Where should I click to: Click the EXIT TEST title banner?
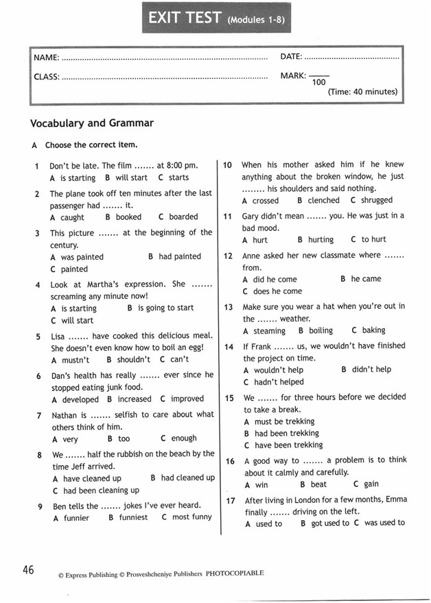click(215, 21)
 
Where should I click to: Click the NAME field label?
click(46, 56)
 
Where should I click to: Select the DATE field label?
click(291, 56)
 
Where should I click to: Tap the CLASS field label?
click(47, 77)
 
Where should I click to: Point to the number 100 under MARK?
click(318, 83)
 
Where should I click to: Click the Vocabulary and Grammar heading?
click(92, 123)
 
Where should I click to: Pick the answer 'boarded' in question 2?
click(183, 217)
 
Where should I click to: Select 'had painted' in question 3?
click(180, 256)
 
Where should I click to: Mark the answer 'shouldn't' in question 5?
click(133, 359)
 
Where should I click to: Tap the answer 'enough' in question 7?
click(183, 438)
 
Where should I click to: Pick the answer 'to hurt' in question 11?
click(373, 240)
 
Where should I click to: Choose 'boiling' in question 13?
click(321, 330)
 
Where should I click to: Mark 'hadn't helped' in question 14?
click(279, 382)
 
